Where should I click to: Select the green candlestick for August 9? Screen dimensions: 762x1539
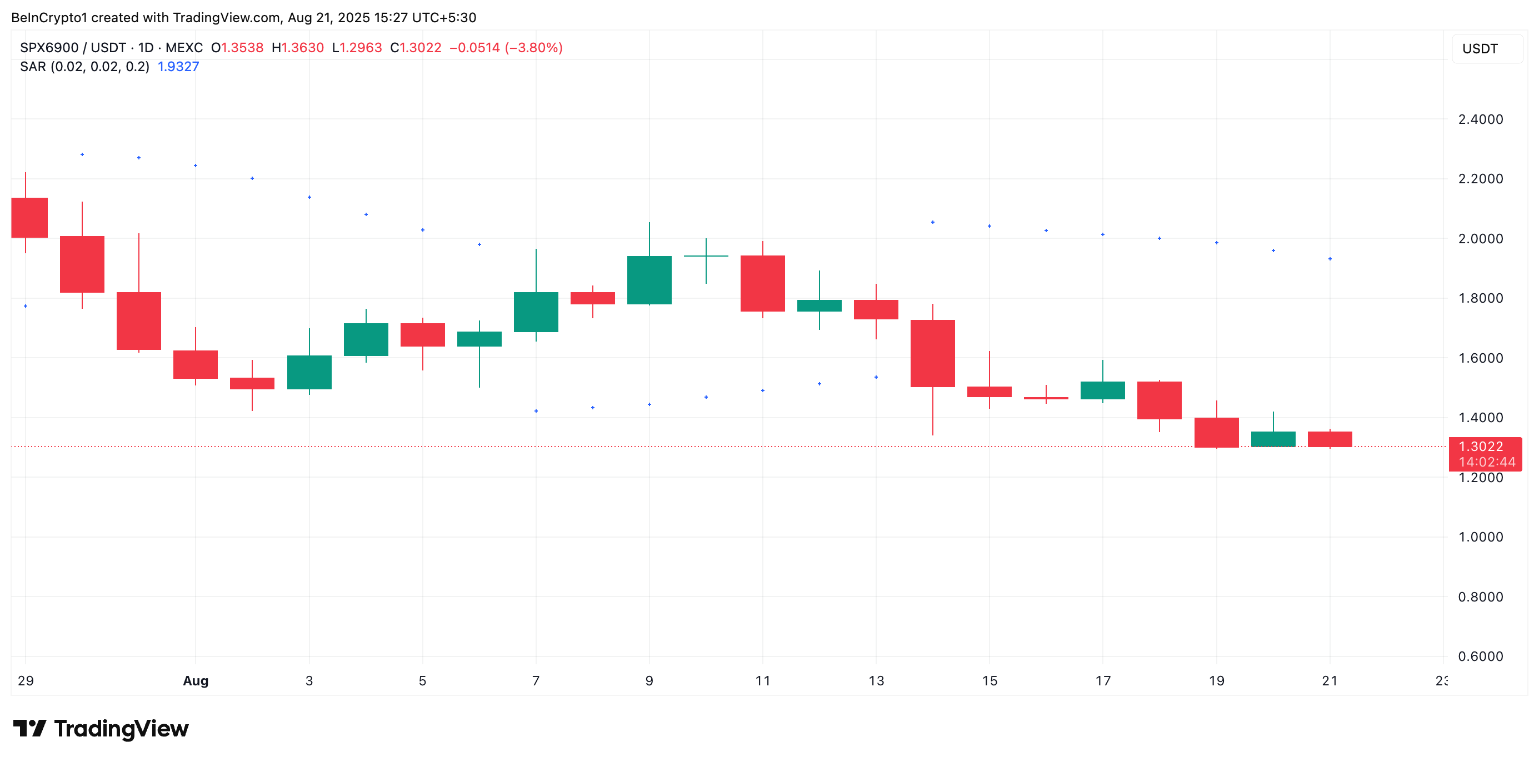click(x=649, y=279)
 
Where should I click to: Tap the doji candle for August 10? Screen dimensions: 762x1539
click(x=706, y=256)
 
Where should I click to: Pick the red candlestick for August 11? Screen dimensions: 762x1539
click(x=762, y=283)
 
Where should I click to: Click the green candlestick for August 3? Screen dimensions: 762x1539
click(x=309, y=372)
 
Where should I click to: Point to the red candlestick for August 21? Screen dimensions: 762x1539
click(x=1330, y=439)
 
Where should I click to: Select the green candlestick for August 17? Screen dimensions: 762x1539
click(x=1102, y=390)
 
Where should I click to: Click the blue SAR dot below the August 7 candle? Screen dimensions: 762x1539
click(x=536, y=411)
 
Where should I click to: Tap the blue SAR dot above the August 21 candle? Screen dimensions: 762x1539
click(x=1330, y=259)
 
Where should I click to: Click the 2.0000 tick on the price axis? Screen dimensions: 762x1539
click(x=1480, y=238)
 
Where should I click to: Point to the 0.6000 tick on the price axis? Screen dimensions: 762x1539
click(x=1480, y=656)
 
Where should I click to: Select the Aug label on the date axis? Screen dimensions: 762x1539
click(x=196, y=681)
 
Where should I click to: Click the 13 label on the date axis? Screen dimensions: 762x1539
click(x=876, y=681)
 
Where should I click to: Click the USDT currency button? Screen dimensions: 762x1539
click(x=1480, y=49)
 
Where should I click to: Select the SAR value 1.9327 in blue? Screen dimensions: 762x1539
click(x=178, y=66)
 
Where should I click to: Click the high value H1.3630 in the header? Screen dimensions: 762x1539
click(x=298, y=48)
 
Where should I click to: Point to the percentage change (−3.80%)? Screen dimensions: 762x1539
click(x=533, y=48)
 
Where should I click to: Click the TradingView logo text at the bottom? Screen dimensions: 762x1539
click(x=121, y=729)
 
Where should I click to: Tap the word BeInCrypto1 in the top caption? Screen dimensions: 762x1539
click(x=49, y=17)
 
